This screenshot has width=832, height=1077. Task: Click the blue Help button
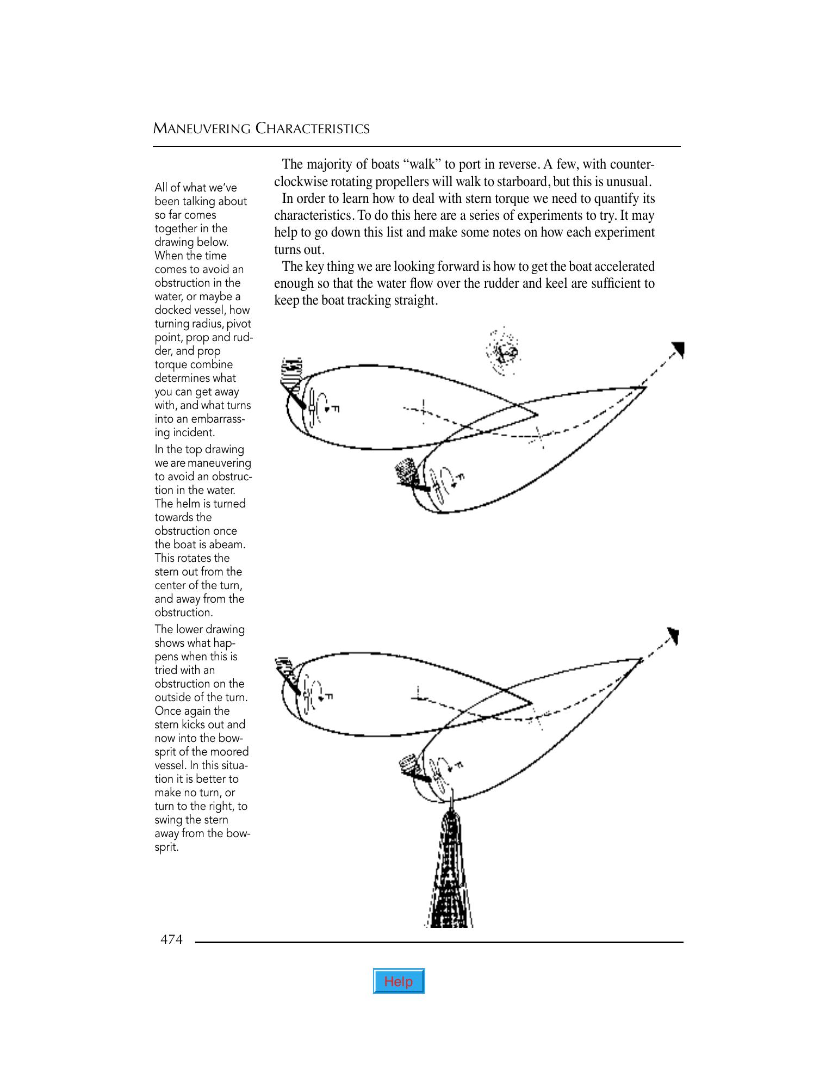point(399,981)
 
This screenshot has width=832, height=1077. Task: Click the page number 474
point(171,939)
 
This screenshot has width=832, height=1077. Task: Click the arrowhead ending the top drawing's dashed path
point(678,349)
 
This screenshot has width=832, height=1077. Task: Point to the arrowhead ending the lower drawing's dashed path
point(674,635)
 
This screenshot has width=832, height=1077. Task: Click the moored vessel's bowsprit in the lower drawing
point(450,870)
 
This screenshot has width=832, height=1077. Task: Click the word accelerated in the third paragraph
point(624,267)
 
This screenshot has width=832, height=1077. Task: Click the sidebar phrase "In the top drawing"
point(199,449)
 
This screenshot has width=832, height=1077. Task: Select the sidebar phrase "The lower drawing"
point(200,629)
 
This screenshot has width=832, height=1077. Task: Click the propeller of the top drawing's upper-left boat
point(312,407)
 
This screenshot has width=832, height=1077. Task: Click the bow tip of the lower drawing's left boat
point(531,703)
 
